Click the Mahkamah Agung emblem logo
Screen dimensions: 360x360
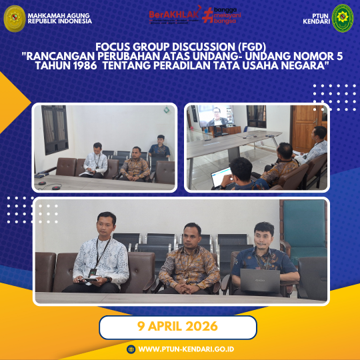tap(14, 18)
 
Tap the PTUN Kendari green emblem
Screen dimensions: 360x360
tap(343, 18)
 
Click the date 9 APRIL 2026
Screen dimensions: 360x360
tap(178, 327)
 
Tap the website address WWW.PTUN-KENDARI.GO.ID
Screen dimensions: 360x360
tap(185, 349)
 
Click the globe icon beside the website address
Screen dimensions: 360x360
tap(131, 349)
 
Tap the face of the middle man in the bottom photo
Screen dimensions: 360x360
tap(193, 235)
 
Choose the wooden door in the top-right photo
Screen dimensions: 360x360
tap(305, 126)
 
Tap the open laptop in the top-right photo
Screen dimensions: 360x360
tap(222, 177)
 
